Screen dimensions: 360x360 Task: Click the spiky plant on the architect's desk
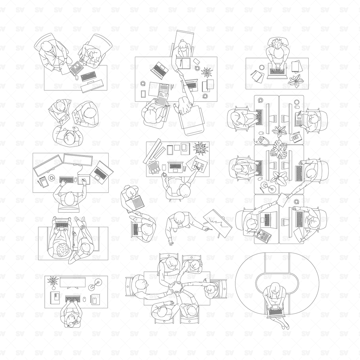pyautogui.click(x=200, y=148)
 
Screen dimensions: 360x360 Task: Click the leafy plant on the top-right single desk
pyautogui.click(x=295, y=81)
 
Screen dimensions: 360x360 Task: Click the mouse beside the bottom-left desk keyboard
pyautogui.click(x=84, y=299)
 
